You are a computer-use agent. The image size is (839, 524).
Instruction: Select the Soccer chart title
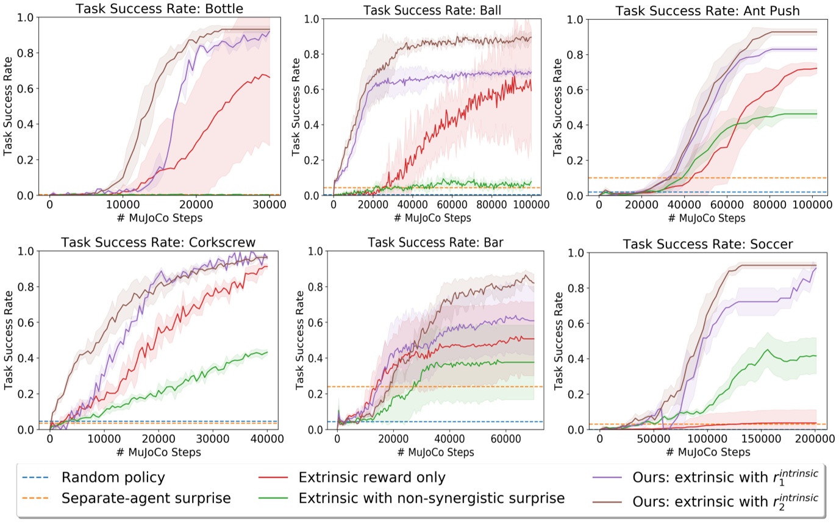pyautogui.click(x=707, y=245)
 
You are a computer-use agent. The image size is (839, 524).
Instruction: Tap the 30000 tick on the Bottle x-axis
pyautogui.click(x=269, y=206)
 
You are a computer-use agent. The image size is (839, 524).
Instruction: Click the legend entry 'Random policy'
pyautogui.click(x=113, y=477)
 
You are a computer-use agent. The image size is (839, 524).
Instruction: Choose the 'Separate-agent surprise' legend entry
pyautogui.click(x=146, y=498)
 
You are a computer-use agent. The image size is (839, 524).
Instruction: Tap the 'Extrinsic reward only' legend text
pyautogui.click(x=372, y=477)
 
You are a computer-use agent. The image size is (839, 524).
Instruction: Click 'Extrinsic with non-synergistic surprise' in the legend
pyautogui.click(x=431, y=498)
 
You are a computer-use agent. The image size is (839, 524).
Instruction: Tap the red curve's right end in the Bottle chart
pyautogui.click(x=270, y=77)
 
